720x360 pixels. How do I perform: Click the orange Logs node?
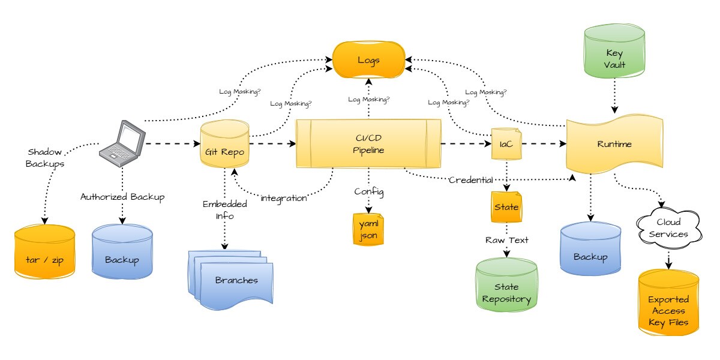click(x=368, y=60)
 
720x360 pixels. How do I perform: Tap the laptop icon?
click(x=122, y=143)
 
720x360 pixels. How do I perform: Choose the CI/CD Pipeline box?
click(x=368, y=144)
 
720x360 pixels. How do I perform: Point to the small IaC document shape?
click(x=506, y=144)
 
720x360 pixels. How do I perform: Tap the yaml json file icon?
click(x=368, y=230)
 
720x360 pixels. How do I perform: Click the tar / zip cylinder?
click(x=45, y=252)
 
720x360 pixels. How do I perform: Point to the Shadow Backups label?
click(x=45, y=157)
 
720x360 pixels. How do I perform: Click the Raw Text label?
click(x=506, y=239)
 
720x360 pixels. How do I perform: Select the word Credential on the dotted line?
click(x=471, y=180)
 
